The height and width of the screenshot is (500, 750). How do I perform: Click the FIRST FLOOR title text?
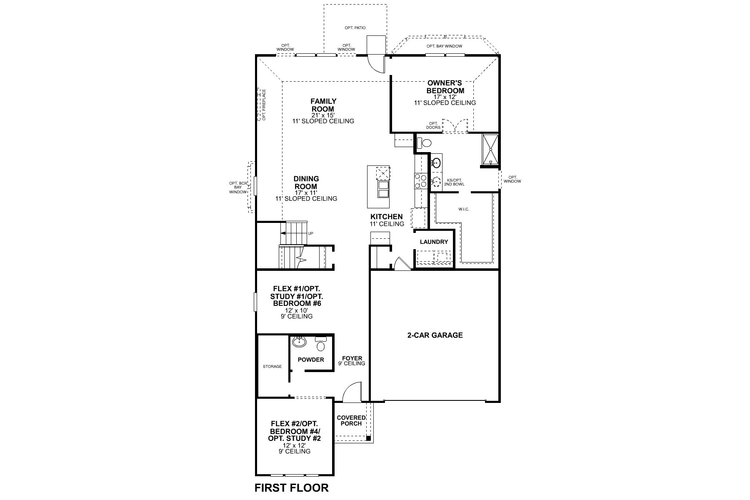(291, 487)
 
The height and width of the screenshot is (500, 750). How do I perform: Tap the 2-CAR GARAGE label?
(435, 335)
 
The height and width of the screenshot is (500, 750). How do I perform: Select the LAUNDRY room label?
(434, 242)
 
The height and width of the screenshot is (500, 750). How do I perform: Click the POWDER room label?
(311, 360)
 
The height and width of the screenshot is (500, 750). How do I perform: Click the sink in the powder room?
(299, 342)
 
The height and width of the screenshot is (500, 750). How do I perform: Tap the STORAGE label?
(272, 367)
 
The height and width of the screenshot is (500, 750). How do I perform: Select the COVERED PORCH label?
(351, 420)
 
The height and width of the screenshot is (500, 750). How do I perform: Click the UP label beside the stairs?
(310, 234)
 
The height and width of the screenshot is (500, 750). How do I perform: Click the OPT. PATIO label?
(355, 28)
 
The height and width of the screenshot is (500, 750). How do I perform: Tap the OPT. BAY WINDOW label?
(444, 46)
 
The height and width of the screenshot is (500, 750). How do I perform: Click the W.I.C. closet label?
(463, 209)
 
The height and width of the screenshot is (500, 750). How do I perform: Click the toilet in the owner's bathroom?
(425, 143)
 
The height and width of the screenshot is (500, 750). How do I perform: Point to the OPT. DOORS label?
(433, 125)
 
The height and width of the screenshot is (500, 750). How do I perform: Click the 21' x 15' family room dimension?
(323, 115)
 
